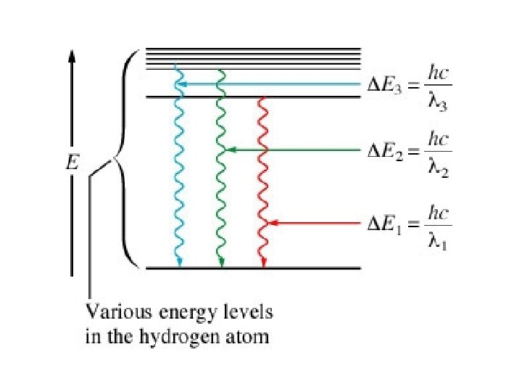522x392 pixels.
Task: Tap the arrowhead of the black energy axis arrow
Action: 72,56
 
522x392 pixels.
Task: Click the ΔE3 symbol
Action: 383,86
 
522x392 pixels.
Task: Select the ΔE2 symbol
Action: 383,151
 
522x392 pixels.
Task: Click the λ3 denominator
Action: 437,102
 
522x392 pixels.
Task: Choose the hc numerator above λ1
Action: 438,212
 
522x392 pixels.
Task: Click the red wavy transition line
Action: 263,181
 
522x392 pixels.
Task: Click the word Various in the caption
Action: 111,314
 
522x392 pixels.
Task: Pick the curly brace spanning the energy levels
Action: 125,160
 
